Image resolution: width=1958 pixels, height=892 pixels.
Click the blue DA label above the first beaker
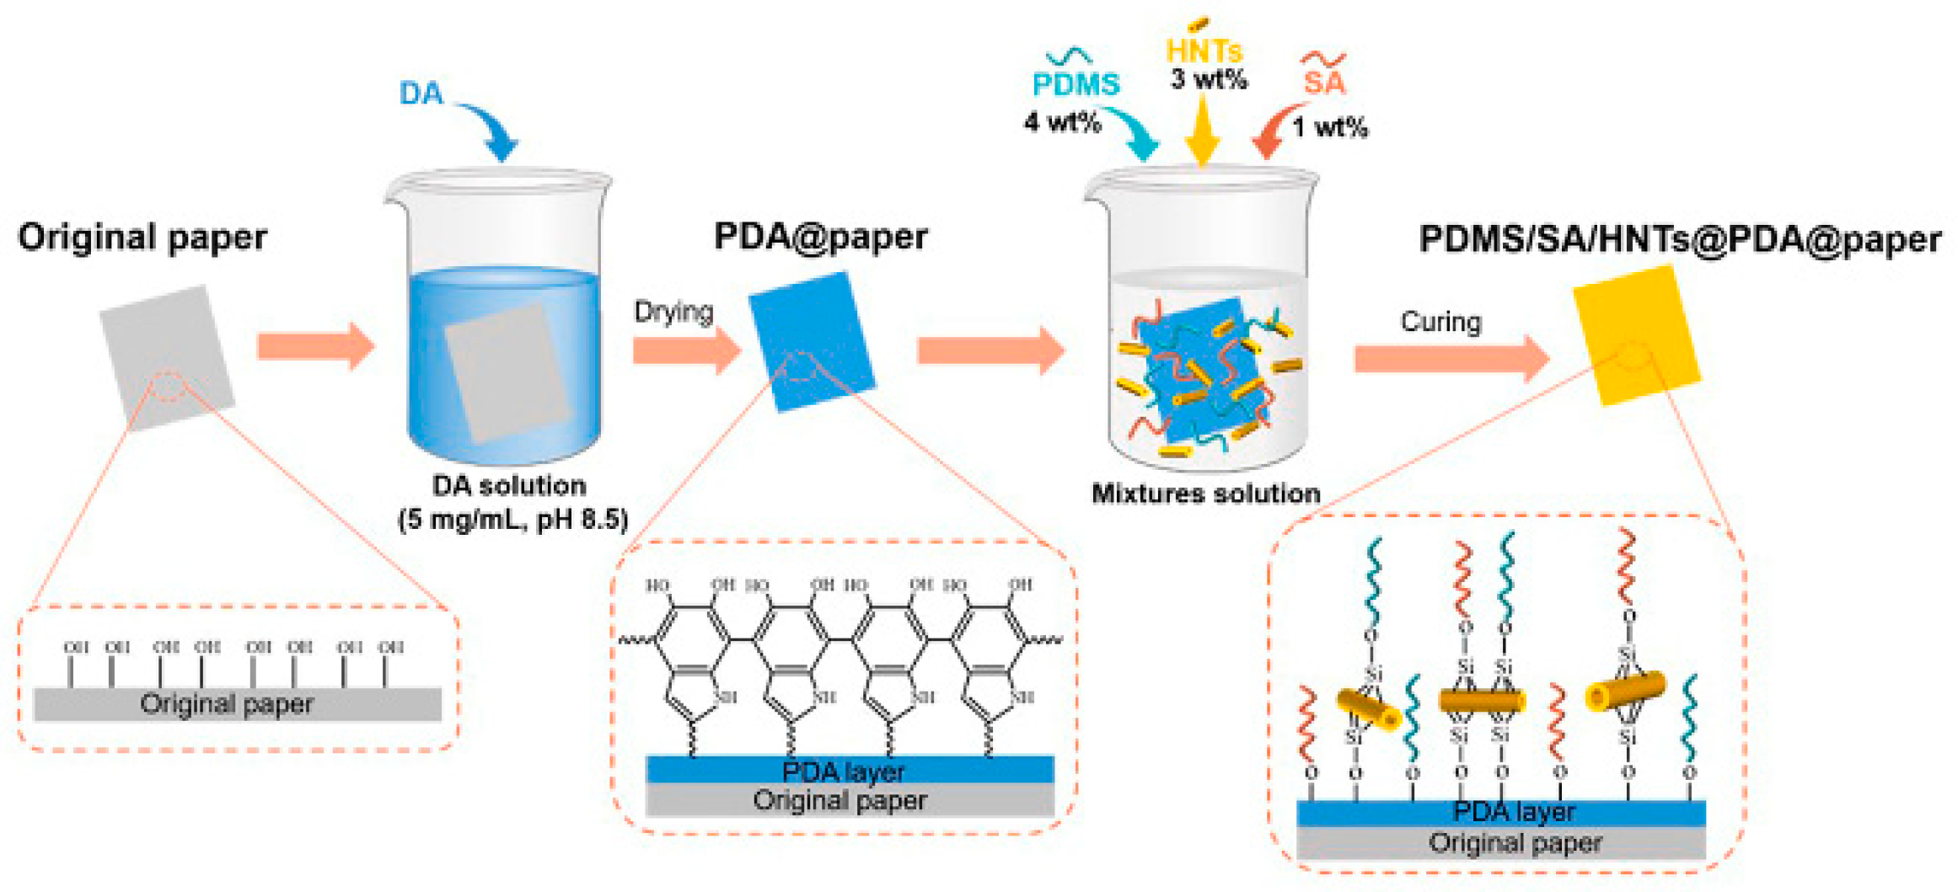pos(421,93)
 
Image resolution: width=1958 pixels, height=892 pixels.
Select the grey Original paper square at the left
pos(167,357)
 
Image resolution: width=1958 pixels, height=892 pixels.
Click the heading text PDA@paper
pos(820,237)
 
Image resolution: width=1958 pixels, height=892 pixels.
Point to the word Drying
pos(673,312)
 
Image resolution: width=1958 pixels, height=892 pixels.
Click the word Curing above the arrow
pos(1440,322)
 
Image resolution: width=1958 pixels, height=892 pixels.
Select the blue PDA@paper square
pos(812,342)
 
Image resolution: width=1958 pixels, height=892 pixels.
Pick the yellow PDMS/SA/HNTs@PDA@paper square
pos(1636,335)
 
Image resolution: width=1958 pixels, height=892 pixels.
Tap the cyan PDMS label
pos(1076,84)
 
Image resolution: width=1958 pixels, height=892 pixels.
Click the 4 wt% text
pos(1062,123)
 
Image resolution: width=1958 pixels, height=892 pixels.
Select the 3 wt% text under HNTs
pos(1208,80)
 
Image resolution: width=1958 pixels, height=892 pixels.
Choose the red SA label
pos(1324,83)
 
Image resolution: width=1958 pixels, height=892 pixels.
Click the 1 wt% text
pos(1330,128)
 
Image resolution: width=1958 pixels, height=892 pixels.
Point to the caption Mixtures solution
pos(1205,494)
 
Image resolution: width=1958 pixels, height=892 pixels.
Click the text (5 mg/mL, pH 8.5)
pos(512,520)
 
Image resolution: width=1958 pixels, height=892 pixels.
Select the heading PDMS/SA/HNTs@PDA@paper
pos(1680,239)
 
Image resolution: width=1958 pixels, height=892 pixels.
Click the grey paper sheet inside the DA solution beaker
pos(508,373)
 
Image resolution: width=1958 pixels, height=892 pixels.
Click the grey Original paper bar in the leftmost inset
pos(237,704)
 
